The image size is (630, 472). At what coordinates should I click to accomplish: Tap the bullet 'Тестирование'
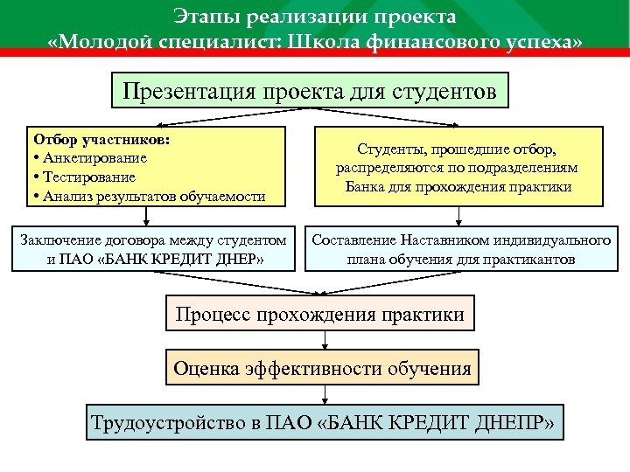88,177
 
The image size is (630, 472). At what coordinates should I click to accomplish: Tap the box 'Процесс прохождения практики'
320,314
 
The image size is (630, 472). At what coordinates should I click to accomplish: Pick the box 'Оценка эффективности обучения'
321,368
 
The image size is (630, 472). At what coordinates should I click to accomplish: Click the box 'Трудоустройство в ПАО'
324,424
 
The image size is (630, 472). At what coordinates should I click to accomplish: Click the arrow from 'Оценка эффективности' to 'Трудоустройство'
321,394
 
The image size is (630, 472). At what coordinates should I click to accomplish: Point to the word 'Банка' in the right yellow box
368,187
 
